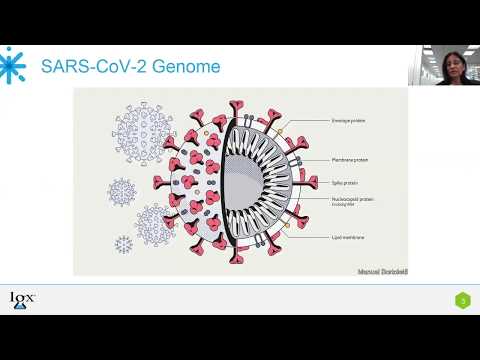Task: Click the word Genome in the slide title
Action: click(184, 68)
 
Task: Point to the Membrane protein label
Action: click(347, 159)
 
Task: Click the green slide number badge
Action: click(463, 299)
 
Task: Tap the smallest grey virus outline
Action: click(124, 243)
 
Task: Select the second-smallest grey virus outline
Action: click(122, 191)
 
